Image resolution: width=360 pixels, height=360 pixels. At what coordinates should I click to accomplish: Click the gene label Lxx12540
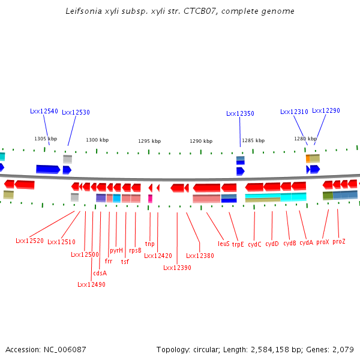coord(44,111)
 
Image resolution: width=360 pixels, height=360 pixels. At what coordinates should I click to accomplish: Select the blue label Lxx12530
coord(76,112)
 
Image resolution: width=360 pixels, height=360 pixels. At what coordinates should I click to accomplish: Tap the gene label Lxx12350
coord(240,113)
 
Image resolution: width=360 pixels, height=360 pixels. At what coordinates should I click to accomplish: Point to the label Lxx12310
coord(294,112)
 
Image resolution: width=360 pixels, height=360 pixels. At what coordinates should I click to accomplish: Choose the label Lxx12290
coord(326,110)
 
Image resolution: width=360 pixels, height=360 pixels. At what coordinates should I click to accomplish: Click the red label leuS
coord(224,244)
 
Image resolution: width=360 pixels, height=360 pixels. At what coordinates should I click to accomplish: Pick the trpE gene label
coord(238,244)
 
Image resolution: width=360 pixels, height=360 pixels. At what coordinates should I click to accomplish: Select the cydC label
coord(254,244)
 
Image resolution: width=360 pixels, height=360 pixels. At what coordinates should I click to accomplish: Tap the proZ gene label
coord(339,241)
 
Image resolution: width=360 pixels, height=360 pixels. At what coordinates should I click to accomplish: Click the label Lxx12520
coord(29,241)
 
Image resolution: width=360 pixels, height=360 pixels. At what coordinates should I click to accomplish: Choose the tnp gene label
coord(149,244)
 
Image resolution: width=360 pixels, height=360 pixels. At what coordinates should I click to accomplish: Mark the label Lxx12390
coord(177,268)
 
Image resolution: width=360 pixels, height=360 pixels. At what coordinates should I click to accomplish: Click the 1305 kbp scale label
coord(46,139)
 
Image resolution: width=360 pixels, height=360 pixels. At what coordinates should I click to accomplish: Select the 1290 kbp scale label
coord(201,141)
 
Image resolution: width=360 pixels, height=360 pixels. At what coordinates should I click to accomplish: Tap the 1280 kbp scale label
coord(301,139)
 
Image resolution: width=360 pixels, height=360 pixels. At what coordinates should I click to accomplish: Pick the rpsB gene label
coord(135,250)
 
